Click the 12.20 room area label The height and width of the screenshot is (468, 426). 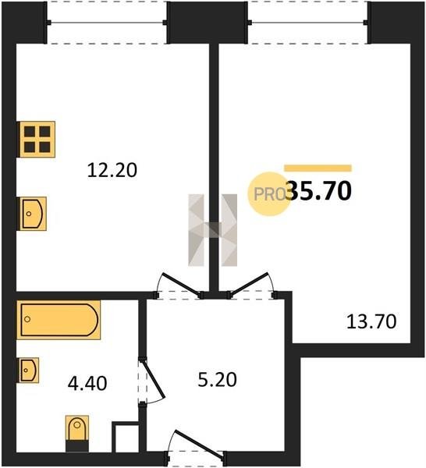[x=112, y=170]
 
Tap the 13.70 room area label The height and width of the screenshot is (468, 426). [x=371, y=321]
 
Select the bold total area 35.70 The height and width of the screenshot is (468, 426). [x=318, y=191]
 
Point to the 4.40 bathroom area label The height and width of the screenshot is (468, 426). [x=87, y=384]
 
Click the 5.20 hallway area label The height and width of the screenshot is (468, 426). [x=217, y=380]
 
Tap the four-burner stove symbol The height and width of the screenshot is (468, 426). [x=37, y=139]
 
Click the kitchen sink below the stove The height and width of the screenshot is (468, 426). [x=33, y=214]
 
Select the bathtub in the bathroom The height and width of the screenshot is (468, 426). [x=59, y=320]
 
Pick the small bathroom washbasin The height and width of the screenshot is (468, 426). [x=29, y=370]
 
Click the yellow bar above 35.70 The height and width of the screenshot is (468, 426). [x=318, y=168]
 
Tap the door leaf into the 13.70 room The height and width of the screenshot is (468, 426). [x=249, y=284]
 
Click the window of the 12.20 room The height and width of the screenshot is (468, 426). [x=107, y=23]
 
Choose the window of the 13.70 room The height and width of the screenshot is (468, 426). [x=307, y=23]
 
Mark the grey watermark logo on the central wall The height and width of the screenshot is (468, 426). [x=212, y=230]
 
